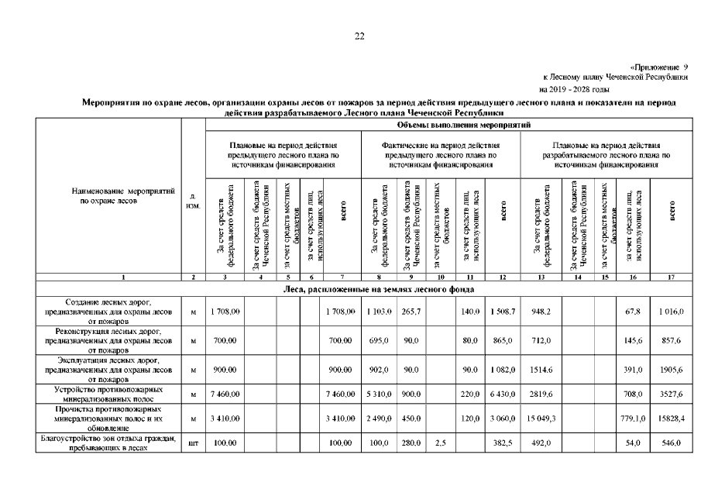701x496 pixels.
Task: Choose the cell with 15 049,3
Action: tap(541, 419)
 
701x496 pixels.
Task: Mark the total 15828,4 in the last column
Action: tap(672, 419)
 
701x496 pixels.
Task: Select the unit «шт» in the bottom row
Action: tap(192, 443)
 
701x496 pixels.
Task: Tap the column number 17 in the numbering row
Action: tap(672, 276)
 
